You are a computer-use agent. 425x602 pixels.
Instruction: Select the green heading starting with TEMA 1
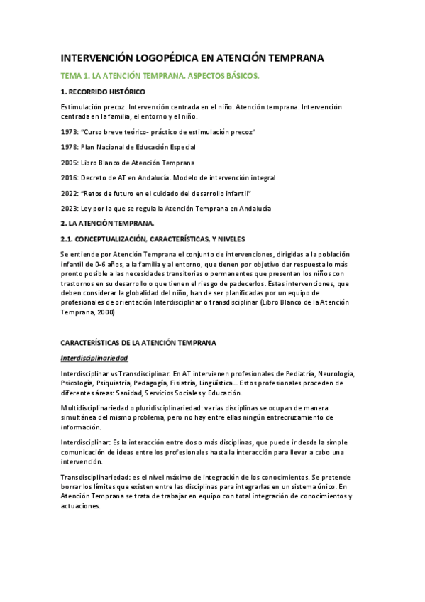pyautogui.click(x=160, y=75)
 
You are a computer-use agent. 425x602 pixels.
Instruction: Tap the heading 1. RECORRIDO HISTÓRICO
pyautogui.click(x=103, y=92)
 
